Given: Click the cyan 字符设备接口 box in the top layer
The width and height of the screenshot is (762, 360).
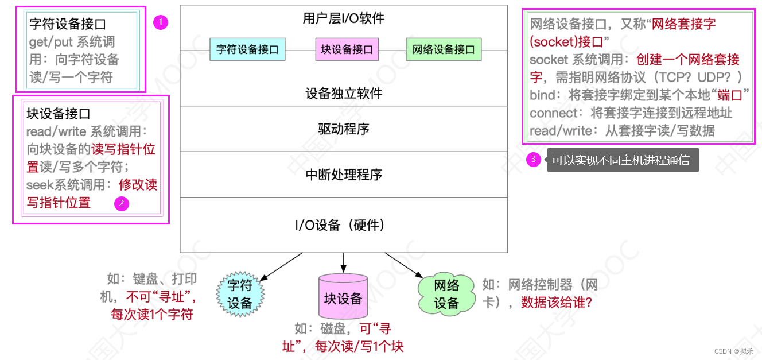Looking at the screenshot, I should click(x=247, y=50).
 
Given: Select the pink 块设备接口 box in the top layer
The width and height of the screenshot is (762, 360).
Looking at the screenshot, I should click(x=347, y=50).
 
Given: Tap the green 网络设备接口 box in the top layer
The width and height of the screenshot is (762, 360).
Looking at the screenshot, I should click(x=444, y=50).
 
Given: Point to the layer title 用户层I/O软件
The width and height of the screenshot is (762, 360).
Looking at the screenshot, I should click(x=344, y=18).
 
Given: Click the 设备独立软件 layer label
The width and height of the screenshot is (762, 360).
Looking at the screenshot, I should click(x=344, y=93).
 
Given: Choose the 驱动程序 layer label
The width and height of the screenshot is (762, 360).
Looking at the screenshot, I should click(x=344, y=129).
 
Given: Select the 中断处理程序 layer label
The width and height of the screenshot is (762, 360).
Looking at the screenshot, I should click(x=344, y=175).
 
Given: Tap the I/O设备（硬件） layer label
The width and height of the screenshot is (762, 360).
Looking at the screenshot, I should click(x=344, y=225).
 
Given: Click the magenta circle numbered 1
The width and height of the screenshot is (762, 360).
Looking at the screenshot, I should click(x=161, y=22).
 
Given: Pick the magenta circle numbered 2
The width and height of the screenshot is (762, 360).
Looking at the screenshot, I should click(x=122, y=203).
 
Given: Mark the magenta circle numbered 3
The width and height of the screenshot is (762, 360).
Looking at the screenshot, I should click(x=534, y=160).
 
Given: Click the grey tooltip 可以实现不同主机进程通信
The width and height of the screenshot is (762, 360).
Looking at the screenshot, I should click(x=622, y=160).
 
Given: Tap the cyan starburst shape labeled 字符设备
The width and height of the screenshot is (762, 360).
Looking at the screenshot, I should click(x=240, y=294).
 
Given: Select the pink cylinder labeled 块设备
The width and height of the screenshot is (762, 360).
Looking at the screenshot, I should click(x=343, y=297).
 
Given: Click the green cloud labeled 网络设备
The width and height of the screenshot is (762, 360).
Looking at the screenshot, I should click(x=446, y=294).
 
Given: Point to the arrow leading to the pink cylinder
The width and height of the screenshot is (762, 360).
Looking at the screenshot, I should click(x=343, y=262).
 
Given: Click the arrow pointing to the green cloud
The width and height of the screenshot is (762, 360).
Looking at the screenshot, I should click(x=405, y=266).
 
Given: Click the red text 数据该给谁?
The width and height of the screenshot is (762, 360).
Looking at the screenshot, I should click(x=556, y=302).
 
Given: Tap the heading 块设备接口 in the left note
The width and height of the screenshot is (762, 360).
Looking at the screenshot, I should click(x=59, y=114).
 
